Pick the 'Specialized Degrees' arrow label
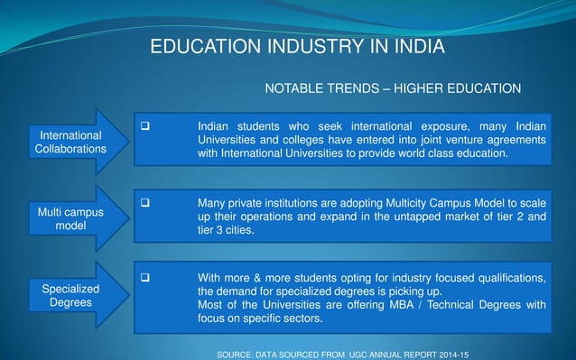pyautogui.click(x=70, y=295)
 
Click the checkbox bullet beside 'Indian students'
pyautogui.click(x=143, y=125)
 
